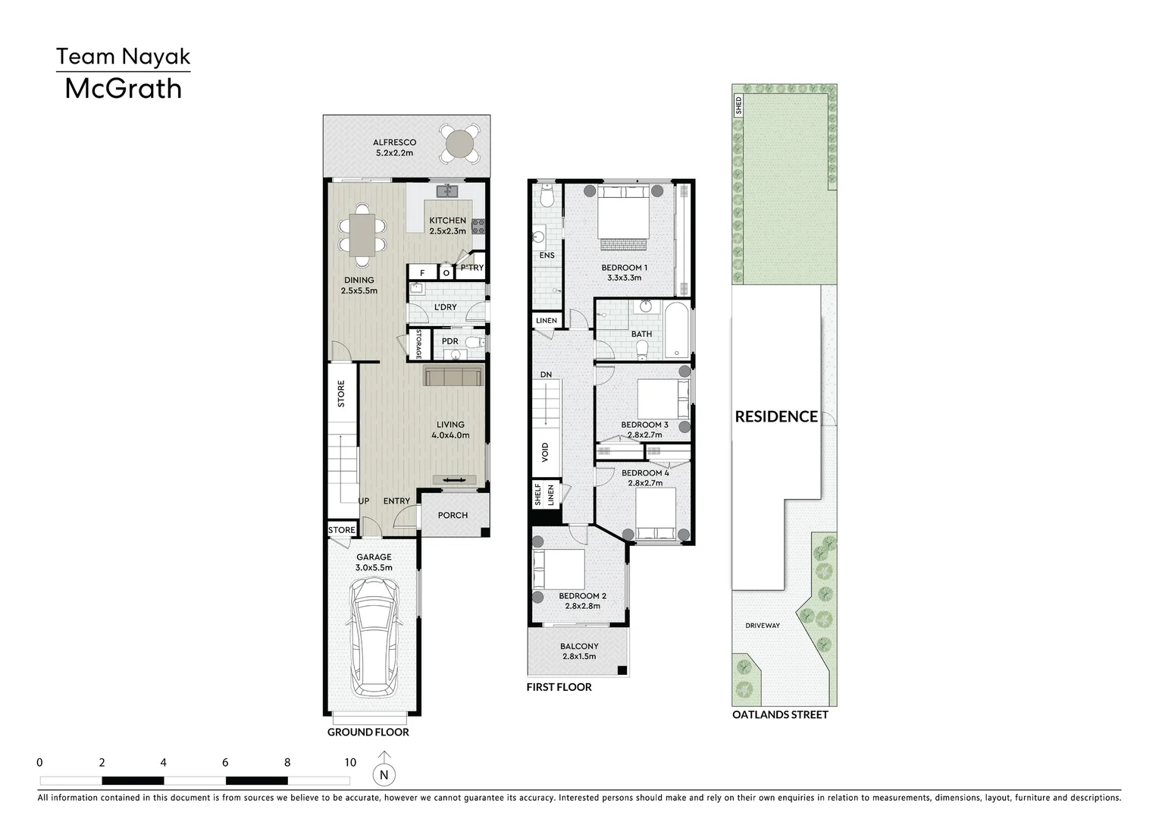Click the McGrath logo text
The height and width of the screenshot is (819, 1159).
pyautogui.click(x=123, y=89)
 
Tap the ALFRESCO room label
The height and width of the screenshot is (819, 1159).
pyautogui.click(x=394, y=143)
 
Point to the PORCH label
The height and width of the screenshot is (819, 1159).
pyautogui.click(x=453, y=516)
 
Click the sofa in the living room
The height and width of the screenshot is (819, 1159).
pyautogui.click(x=453, y=376)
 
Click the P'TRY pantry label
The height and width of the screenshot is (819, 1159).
pyautogui.click(x=471, y=268)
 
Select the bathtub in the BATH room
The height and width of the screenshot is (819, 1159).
pyautogui.click(x=677, y=331)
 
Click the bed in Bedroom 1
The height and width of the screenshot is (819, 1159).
pyautogui.click(x=624, y=216)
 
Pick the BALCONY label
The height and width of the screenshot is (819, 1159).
pyautogui.click(x=579, y=647)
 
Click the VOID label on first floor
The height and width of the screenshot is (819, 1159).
pyautogui.click(x=545, y=452)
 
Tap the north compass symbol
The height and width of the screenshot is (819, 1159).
pyautogui.click(x=384, y=774)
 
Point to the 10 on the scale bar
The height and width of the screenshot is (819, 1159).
pyautogui.click(x=349, y=763)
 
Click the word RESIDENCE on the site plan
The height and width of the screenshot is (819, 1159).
pyautogui.click(x=776, y=416)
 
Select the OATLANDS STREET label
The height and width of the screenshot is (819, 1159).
pyautogui.click(x=780, y=714)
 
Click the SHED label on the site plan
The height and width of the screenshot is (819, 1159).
pyautogui.click(x=739, y=105)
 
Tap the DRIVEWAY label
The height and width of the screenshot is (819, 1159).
pyautogui.click(x=762, y=626)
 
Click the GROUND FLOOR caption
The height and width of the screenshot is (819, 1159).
pyautogui.click(x=368, y=732)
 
